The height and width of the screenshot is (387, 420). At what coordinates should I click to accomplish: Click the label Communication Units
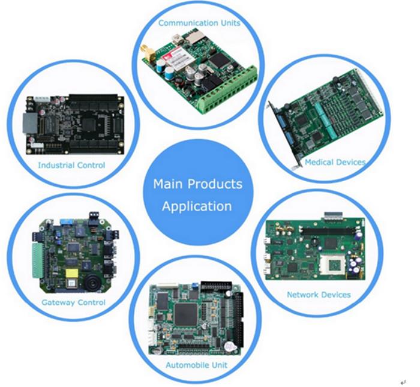point(199,23)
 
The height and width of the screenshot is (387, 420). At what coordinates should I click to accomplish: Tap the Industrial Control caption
point(71,165)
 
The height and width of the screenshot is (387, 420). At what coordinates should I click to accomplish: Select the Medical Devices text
point(335,162)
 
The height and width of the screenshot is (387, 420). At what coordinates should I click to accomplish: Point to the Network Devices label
point(319,295)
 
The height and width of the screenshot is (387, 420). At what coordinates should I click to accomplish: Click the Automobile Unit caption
point(196,365)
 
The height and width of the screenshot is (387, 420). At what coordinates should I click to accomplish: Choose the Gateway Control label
point(73,302)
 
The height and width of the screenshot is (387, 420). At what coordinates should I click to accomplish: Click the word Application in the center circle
point(197,206)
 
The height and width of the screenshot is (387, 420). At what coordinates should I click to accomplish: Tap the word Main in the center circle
point(168,184)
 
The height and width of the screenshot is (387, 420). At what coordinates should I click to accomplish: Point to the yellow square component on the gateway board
point(72,274)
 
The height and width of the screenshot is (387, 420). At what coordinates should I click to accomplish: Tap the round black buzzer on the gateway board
point(94,282)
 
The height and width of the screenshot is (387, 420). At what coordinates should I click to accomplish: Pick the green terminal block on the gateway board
point(38,260)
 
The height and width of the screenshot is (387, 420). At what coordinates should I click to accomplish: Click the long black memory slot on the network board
point(328,231)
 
